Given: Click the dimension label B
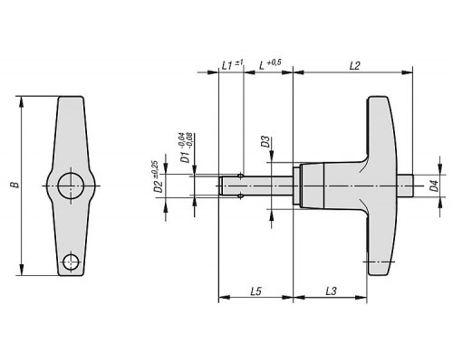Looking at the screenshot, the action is tap(15, 185).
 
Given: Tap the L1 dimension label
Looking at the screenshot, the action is tap(227, 65).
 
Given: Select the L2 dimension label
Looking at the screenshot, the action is tap(355, 66).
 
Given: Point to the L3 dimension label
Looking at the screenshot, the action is tap(332, 291).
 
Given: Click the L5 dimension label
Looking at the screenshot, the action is tap(255, 291).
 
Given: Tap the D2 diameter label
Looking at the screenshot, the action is tap(159, 186).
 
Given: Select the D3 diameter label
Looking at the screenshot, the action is tap(265, 141).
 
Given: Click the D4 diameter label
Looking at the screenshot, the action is tap(434, 186).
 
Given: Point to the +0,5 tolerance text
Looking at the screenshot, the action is tap(275, 62).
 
